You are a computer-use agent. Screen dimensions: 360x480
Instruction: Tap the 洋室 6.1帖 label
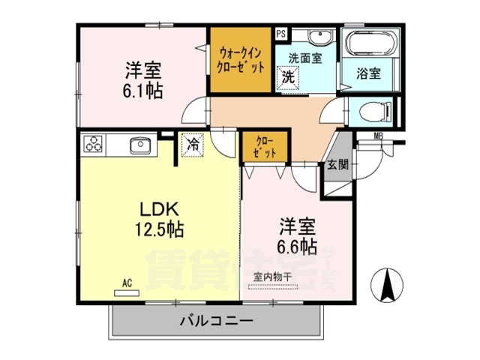click(x=143, y=80)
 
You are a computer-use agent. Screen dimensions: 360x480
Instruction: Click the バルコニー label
click(x=216, y=320)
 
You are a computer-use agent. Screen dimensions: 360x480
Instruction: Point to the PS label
click(x=280, y=34)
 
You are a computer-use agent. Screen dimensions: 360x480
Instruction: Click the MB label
click(x=379, y=136)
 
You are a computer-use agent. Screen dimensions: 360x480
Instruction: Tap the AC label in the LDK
click(x=127, y=283)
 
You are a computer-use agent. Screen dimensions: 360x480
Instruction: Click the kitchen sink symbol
click(x=139, y=145)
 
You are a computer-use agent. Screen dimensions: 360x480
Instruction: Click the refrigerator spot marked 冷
click(x=193, y=144)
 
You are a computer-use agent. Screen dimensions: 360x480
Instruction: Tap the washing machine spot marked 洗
click(x=288, y=76)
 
